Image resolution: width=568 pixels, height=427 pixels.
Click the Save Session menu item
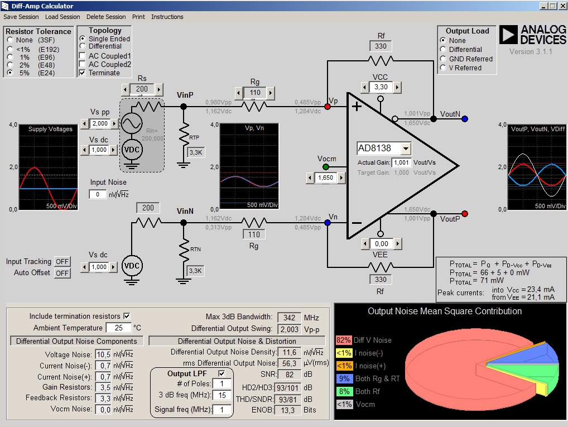pos(21,17)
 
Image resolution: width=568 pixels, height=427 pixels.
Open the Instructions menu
pos(167,17)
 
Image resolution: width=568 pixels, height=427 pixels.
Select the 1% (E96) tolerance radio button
pos(10,57)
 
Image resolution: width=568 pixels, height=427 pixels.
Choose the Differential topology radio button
pos(83,46)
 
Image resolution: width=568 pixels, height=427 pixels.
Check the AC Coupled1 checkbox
pos(83,56)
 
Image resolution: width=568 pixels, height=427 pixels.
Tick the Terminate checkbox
pos(83,73)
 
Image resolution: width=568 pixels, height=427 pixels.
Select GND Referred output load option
pos(443,59)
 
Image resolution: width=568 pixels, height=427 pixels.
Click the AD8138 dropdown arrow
pos(406,148)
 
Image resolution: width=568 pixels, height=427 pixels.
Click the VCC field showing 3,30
pos(381,87)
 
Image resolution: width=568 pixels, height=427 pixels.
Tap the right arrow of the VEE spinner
pos(397,244)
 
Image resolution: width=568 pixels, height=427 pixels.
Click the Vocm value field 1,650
pos(325,177)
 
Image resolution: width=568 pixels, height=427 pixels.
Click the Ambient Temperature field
pos(119,328)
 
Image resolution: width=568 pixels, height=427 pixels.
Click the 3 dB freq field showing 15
pos(222,395)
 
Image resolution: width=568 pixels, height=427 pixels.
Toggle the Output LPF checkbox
pos(222,373)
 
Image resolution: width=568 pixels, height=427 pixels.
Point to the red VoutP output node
pos(465,214)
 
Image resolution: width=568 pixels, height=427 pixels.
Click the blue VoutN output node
pos(465,118)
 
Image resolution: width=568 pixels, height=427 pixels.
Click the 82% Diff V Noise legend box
pos(343,340)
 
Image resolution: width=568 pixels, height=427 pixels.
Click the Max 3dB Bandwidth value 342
pos(289,318)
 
